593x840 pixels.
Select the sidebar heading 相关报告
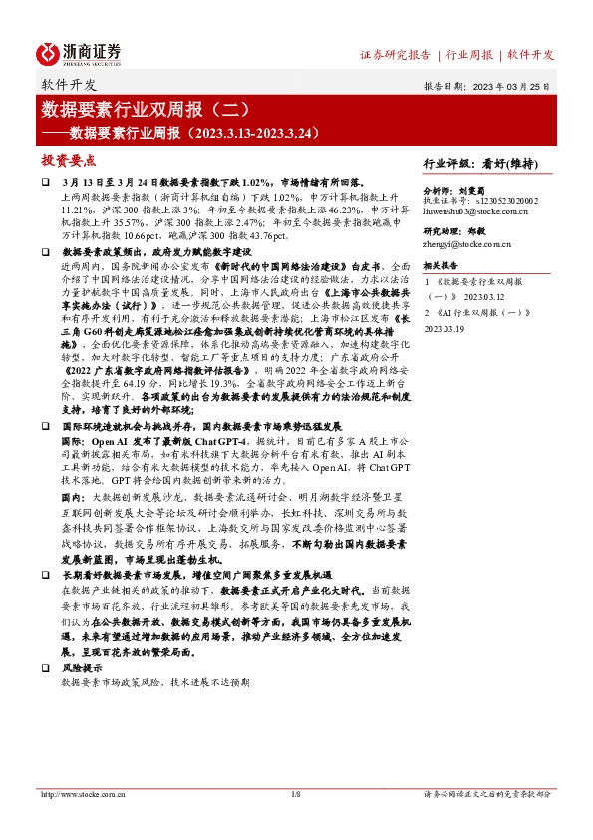coord(440,266)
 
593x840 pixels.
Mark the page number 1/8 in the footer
coord(295,794)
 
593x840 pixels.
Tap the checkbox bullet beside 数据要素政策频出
coord(45,253)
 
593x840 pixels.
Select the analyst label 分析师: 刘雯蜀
coord(460,189)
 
